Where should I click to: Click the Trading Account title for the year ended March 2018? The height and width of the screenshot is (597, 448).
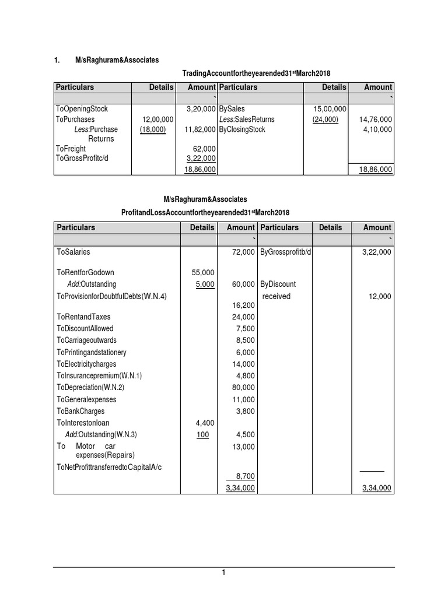[260, 72]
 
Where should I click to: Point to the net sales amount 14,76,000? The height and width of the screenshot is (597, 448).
[376, 119]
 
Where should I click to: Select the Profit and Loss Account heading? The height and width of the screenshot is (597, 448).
[205, 212]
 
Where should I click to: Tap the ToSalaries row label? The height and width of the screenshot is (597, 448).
[73, 252]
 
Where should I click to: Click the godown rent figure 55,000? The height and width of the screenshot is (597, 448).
[203, 272]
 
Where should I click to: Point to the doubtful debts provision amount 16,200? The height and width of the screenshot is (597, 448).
[244, 305]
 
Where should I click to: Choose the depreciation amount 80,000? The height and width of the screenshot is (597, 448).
[244, 387]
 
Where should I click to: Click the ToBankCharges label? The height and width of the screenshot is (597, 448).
[81, 411]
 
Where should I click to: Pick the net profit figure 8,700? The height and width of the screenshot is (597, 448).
[244, 476]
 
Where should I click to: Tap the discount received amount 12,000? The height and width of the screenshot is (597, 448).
[380, 296]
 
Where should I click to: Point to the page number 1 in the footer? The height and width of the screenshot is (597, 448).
[223, 573]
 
